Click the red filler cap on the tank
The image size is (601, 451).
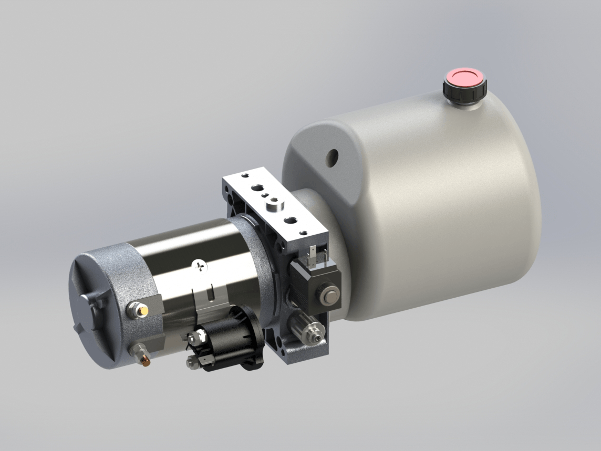tap(464, 78)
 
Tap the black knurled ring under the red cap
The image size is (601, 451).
tap(464, 93)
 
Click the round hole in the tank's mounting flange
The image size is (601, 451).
tap(332, 156)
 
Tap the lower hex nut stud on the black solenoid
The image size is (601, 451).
tap(192, 363)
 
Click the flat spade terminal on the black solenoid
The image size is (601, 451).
tap(206, 360)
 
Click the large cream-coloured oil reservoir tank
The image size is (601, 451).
tap(431, 210)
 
